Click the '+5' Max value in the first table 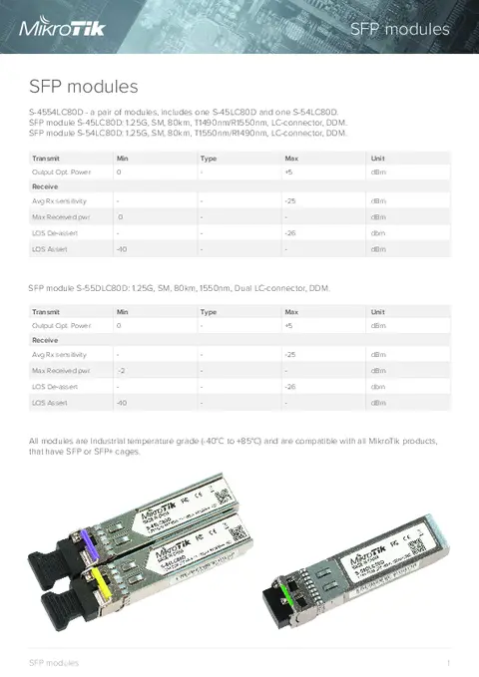click(x=287, y=172)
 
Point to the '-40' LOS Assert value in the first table click(x=121, y=248)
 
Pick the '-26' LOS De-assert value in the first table click(x=290, y=233)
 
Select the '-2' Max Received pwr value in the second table click(x=121, y=370)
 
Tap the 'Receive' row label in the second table click(x=44, y=340)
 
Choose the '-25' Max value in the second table click(x=290, y=354)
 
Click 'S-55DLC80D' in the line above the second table click(x=103, y=288)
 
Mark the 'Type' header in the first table click(x=209, y=159)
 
